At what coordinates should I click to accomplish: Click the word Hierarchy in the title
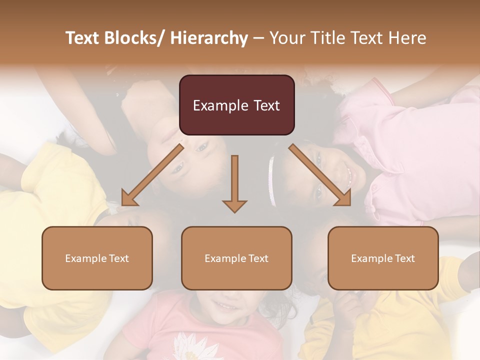click(209, 38)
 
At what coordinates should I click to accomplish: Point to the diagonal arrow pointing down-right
click(320, 175)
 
